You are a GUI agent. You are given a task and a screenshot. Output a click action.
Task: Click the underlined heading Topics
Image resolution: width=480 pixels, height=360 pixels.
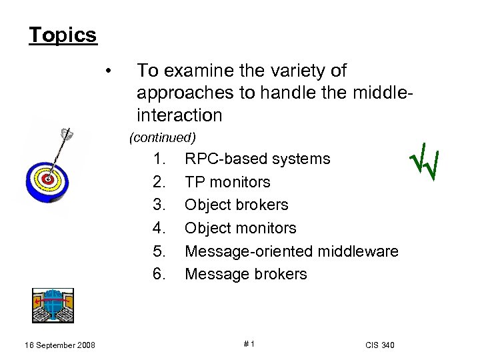coord(63,35)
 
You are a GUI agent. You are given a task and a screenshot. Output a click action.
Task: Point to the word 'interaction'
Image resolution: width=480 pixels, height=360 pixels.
coord(179,115)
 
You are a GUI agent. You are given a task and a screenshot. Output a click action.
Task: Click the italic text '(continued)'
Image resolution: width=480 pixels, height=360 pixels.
coord(162,138)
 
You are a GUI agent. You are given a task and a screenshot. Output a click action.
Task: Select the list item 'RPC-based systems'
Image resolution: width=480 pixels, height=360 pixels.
coord(257,159)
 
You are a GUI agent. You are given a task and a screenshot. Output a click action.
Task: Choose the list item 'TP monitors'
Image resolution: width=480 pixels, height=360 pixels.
coord(227,182)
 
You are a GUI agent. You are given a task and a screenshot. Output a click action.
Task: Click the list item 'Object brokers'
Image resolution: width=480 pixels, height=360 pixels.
coord(236,205)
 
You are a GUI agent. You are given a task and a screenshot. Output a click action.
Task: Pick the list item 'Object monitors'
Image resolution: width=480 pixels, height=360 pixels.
coord(240,228)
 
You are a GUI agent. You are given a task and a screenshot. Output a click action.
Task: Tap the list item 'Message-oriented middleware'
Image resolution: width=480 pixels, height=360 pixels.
coord(291,251)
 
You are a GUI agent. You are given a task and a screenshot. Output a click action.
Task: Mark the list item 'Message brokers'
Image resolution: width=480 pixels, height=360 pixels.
coord(245,274)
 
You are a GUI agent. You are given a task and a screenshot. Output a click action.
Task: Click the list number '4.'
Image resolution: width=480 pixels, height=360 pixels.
coord(159,228)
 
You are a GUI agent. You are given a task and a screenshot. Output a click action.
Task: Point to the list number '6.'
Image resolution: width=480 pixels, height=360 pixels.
coord(159,274)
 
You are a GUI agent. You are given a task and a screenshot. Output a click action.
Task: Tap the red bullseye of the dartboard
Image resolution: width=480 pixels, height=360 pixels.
coord(47,179)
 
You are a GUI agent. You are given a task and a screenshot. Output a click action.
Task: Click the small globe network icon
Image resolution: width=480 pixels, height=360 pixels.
coord(53,305)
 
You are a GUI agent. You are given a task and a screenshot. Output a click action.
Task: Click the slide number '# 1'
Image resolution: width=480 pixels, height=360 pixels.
coord(249,344)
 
